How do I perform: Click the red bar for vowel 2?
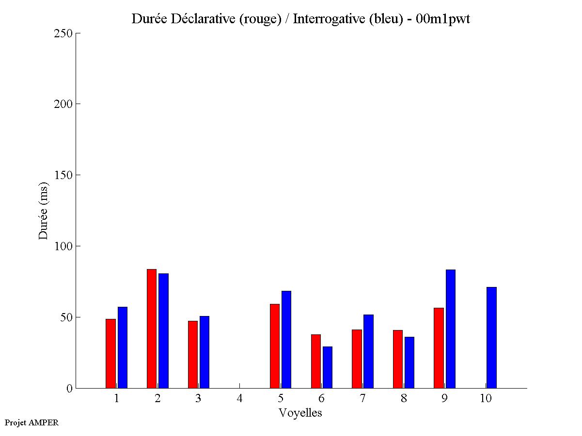point(152,329)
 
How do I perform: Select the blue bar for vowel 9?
point(451,329)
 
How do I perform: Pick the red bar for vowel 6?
point(315,361)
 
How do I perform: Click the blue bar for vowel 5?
point(286,339)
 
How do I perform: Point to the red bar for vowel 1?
point(110,353)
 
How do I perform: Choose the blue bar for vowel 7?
point(368,351)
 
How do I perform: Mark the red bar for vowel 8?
point(398,359)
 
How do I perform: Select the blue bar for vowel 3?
point(204,352)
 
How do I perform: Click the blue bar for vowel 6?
point(328,367)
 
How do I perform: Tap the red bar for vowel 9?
point(439,348)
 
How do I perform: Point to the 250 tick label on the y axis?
point(63,33)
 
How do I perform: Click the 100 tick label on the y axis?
point(63,246)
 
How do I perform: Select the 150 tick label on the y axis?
point(63,175)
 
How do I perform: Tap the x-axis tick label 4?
point(239,399)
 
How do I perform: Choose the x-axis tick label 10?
point(486,399)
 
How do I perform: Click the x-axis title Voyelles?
point(300,413)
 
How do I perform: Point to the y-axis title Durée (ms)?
point(44,210)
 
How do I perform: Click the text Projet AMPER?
point(31,422)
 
